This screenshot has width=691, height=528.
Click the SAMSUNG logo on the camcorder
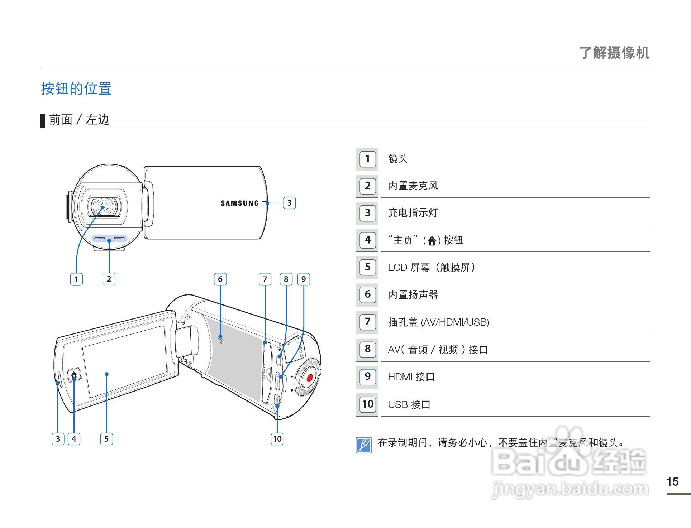(239, 203)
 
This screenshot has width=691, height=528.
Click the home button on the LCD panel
(74, 375)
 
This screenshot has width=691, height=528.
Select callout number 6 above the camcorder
(220, 279)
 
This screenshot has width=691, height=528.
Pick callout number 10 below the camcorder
(277, 439)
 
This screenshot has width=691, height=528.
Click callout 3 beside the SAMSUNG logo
(289, 203)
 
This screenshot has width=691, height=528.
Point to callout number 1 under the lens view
(76, 279)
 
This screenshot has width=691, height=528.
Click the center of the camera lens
(103, 207)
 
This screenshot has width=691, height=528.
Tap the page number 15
(672, 482)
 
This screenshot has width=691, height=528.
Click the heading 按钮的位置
(76, 88)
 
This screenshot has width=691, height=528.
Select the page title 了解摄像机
(614, 53)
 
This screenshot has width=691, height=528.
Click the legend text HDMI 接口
(411, 377)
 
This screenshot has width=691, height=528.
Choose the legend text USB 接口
(409, 404)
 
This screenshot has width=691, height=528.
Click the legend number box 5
(367, 267)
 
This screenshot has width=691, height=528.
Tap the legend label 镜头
(398, 158)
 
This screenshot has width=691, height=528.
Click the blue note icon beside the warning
(363, 445)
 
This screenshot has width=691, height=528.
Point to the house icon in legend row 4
(432, 241)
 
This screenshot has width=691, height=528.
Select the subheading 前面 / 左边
(79, 120)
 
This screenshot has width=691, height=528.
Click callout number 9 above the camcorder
(304, 279)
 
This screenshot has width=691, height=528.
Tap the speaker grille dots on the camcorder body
(221, 340)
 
